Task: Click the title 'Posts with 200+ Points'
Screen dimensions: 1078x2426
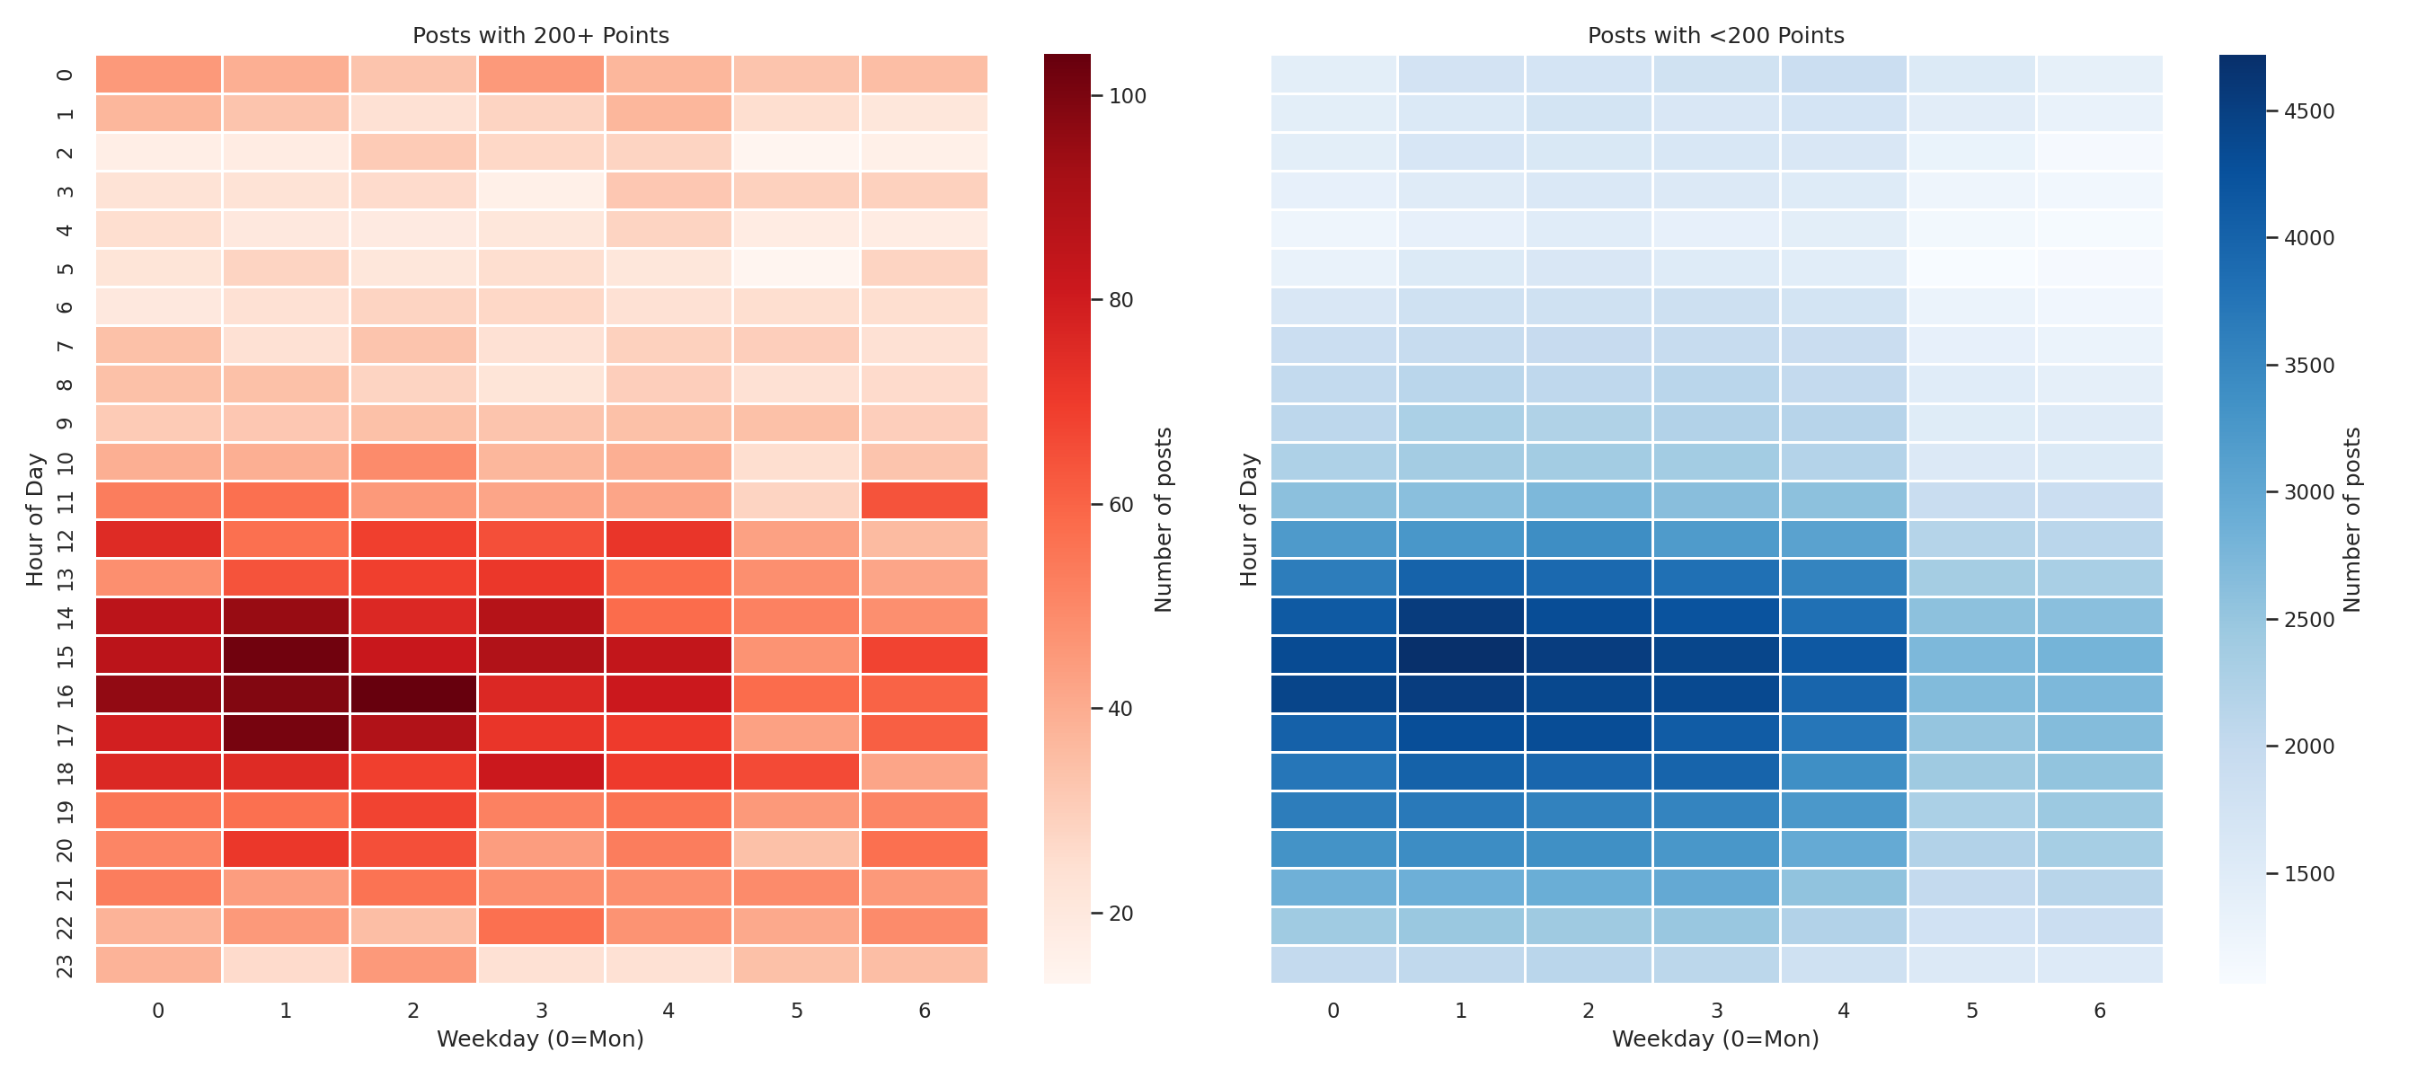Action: [541, 36]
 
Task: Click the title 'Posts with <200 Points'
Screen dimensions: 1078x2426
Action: [1715, 36]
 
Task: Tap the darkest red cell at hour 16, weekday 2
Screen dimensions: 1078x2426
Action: [413, 694]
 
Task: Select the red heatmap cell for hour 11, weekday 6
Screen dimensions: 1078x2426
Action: [924, 500]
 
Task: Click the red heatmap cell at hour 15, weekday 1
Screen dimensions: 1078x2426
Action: [286, 655]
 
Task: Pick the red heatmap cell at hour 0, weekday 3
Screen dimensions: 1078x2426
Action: [541, 75]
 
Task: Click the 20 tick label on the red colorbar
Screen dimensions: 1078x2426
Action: [1120, 914]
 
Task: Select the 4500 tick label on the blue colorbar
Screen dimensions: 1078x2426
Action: [2308, 111]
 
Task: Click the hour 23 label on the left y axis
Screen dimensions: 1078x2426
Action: [64, 965]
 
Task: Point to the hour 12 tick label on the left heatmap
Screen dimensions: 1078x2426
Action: [64, 540]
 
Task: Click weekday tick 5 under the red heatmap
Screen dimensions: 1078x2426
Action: [797, 1012]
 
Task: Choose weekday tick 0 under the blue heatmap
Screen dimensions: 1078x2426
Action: [1333, 1012]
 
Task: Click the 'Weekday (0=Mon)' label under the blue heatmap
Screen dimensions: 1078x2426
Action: [1715, 1039]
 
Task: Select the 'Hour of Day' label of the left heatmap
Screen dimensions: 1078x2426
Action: [35, 520]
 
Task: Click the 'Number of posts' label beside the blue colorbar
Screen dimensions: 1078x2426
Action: [2351, 520]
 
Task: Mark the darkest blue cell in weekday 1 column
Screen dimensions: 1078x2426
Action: [1461, 655]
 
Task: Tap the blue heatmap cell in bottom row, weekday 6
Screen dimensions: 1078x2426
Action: [2099, 965]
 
